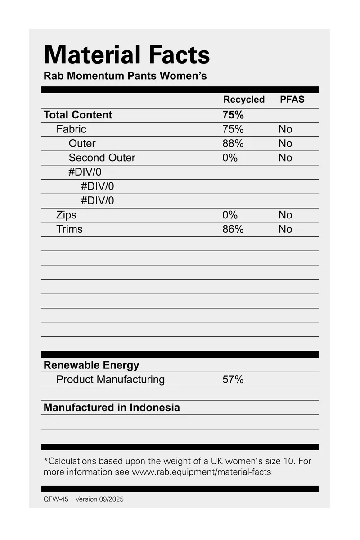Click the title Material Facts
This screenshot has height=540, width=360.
tap(126, 55)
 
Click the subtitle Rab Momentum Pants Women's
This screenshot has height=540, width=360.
tap(125, 76)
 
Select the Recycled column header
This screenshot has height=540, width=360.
tap(244, 100)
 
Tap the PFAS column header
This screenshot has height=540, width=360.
tap(292, 100)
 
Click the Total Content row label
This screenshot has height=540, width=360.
tap(78, 115)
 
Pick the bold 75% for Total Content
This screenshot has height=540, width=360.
tap(233, 115)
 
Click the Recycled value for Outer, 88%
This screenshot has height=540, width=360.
tap(233, 144)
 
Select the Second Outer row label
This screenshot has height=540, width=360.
tap(102, 158)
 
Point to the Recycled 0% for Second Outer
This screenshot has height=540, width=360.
tap(230, 158)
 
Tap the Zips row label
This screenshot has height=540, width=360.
tap(66, 215)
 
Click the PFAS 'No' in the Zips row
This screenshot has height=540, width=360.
tap(285, 215)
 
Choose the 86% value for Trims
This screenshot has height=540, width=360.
tap(233, 229)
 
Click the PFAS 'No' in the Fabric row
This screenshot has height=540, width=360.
tap(285, 129)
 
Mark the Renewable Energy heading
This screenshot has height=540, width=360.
tap(91, 365)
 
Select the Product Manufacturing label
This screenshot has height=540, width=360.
tap(110, 379)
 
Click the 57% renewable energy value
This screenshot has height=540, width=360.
tap(233, 379)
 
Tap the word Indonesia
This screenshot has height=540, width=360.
tap(155, 408)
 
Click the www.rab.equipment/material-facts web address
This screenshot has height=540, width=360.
tap(201, 472)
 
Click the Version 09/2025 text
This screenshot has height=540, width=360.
tap(99, 499)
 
